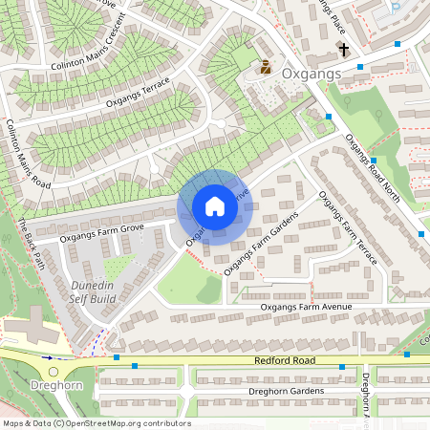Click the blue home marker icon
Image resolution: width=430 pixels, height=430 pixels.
(x=215, y=206)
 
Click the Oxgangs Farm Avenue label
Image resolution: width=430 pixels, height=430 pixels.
(x=306, y=307)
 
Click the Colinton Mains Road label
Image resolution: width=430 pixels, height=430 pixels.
(x=28, y=153)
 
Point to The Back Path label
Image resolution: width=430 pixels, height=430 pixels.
(x=31, y=245)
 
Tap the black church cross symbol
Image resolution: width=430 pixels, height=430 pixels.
(x=343, y=50)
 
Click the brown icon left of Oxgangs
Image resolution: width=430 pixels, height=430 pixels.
(x=266, y=68)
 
